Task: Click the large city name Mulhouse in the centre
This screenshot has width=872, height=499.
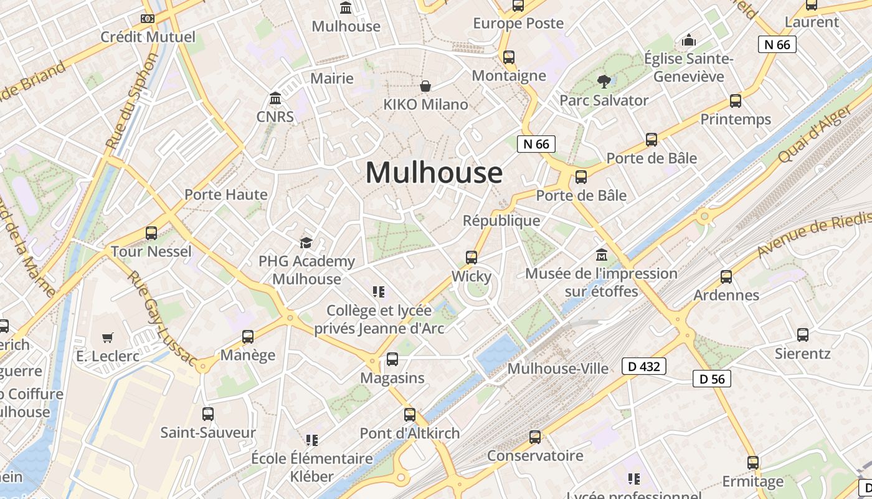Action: (434, 173)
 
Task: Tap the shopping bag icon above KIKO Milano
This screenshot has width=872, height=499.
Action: (425, 86)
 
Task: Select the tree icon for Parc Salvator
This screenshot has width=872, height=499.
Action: (603, 80)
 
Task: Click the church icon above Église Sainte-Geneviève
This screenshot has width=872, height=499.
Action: (689, 40)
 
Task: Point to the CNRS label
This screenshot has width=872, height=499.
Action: (275, 117)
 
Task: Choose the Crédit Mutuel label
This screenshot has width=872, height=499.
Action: (148, 37)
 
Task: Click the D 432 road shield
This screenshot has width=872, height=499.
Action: (644, 366)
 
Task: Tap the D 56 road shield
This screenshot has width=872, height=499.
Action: (712, 379)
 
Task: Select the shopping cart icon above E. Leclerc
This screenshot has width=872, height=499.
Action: (108, 337)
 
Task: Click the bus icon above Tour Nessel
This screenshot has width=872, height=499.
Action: (151, 233)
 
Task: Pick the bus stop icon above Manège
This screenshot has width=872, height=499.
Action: (248, 337)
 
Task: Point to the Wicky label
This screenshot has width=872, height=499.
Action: (472, 276)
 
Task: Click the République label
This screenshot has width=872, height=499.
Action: (501, 221)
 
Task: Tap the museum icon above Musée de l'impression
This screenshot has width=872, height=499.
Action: (602, 255)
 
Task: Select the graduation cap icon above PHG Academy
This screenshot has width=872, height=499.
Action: (306, 243)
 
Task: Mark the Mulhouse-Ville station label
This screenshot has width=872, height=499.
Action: (557, 369)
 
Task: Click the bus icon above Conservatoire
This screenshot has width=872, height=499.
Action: (535, 437)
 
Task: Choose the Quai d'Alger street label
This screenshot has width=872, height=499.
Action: (815, 135)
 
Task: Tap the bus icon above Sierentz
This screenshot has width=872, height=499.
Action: (803, 335)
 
